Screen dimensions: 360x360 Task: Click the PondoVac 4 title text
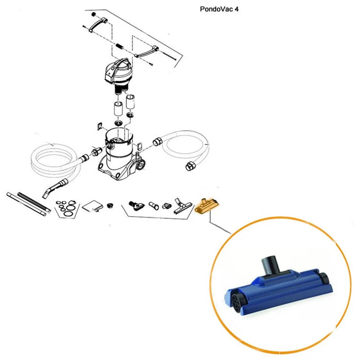pos(219,9)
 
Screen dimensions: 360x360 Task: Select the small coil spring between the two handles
pos(120,47)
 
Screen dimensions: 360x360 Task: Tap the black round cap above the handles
pos(93,14)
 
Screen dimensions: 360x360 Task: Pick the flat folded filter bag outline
pos(92,206)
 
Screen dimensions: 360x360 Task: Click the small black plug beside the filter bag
pos(110,205)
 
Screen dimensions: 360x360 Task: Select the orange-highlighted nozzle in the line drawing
pos(206,206)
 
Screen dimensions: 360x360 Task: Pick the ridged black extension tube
pos(34,201)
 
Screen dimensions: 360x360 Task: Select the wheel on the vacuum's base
pos(140,165)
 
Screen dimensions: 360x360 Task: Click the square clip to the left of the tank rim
pos(100,126)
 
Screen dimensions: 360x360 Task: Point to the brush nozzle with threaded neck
pos(136,205)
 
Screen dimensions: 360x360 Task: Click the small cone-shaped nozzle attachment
pos(153,205)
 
